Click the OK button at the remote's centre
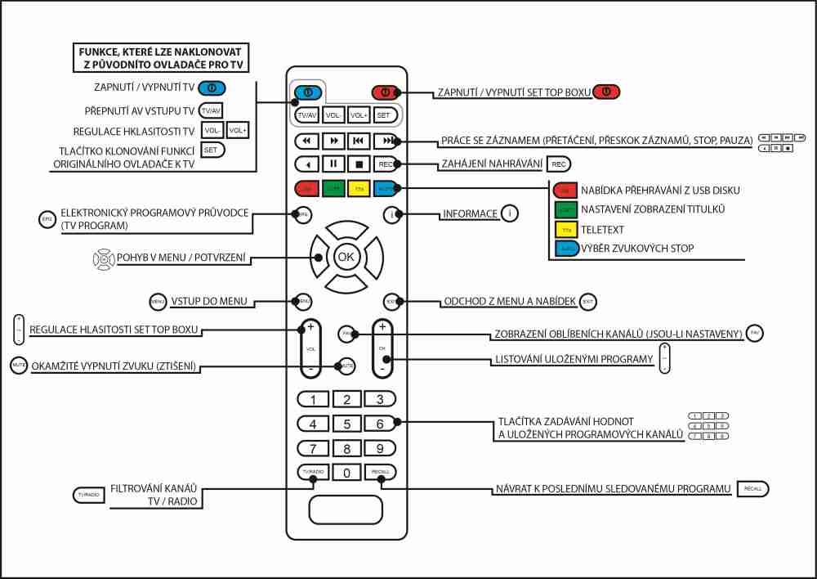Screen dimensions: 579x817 pyautogui.click(x=346, y=257)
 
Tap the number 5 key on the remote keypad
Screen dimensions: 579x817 pyautogui.click(x=346, y=424)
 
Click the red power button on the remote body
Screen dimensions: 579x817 pyautogui.click(x=385, y=92)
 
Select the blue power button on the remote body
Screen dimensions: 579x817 pyautogui.click(x=307, y=92)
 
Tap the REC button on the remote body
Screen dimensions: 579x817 pyautogui.click(x=385, y=164)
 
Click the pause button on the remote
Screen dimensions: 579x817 pyautogui.click(x=333, y=164)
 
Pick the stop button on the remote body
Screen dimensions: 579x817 pyautogui.click(x=359, y=164)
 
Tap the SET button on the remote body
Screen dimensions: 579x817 pyautogui.click(x=384, y=115)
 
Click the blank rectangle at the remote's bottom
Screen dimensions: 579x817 pyautogui.click(x=346, y=509)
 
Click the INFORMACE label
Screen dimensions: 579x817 pyautogui.click(x=470, y=214)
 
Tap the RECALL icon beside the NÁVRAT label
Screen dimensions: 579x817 pyautogui.click(x=752, y=488)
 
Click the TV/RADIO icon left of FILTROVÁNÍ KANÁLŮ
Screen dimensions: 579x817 pyautogui.click(x=88, y=496)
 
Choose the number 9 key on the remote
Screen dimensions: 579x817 pyautogui.click(x=379, y=449)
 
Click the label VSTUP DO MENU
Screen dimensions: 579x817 pyautogui.click(x=209, y=302)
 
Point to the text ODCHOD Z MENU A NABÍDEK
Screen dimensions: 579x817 pyautogui.click(x=508, y=302)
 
